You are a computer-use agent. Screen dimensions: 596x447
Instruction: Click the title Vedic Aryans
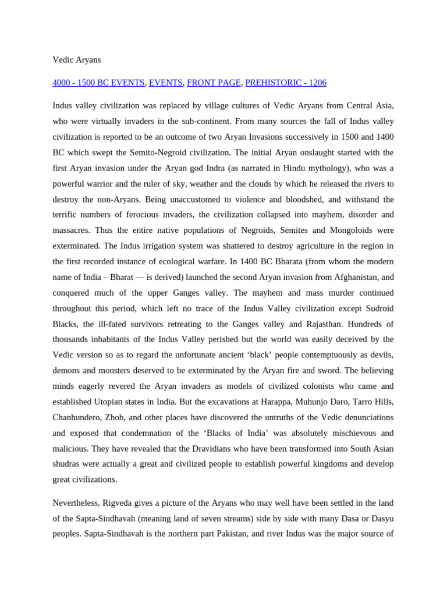tap(77, 59)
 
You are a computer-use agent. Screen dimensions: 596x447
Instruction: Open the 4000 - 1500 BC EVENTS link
tap(98, 83)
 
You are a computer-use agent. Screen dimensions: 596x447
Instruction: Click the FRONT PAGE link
tap(214, 83)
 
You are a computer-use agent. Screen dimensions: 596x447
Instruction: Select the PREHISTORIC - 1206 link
tap(286, 83)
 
